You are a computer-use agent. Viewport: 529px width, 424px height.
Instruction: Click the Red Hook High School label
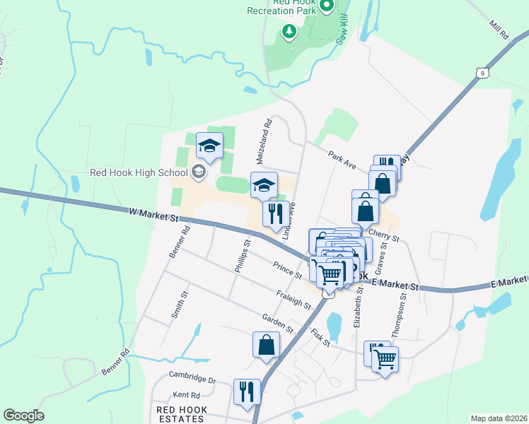tap(138, 172)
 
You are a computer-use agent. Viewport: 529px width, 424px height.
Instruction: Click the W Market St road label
tap(153, 213)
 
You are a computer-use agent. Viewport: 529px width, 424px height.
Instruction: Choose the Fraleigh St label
tap(293, 300)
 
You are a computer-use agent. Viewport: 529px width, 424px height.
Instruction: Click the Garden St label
tap(277, 323)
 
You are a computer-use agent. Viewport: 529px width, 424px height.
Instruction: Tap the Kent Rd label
tap(187, 396)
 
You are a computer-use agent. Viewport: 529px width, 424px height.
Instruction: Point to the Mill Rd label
tap(499, 30)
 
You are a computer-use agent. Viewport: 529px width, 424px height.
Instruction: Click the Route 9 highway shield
tap(482, 73)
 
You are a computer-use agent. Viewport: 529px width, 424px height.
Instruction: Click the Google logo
tap(23, 416)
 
